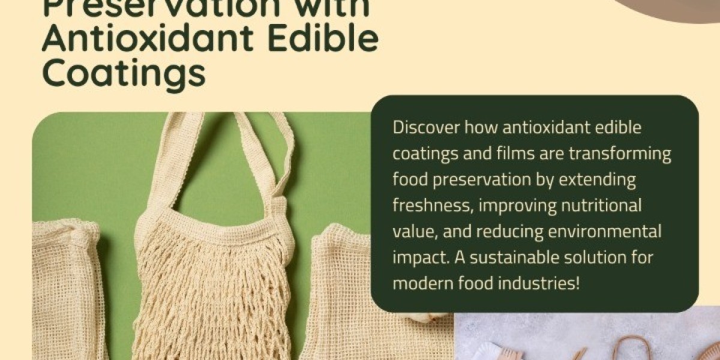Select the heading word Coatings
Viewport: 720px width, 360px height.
tap(124, 73)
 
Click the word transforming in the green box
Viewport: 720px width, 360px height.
tap(620, 154)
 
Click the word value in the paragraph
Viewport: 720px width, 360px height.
tap(410, 231)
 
